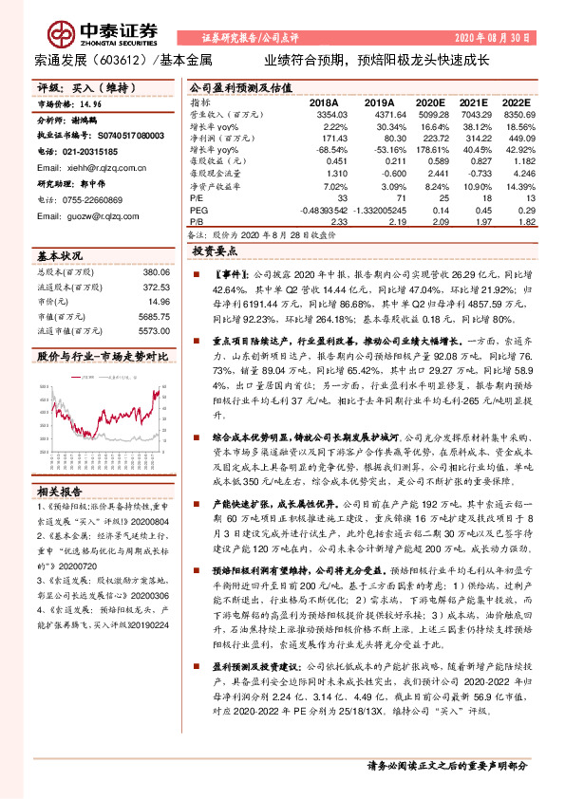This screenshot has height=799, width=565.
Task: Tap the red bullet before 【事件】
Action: pyautogui.click(x=195, y=273)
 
